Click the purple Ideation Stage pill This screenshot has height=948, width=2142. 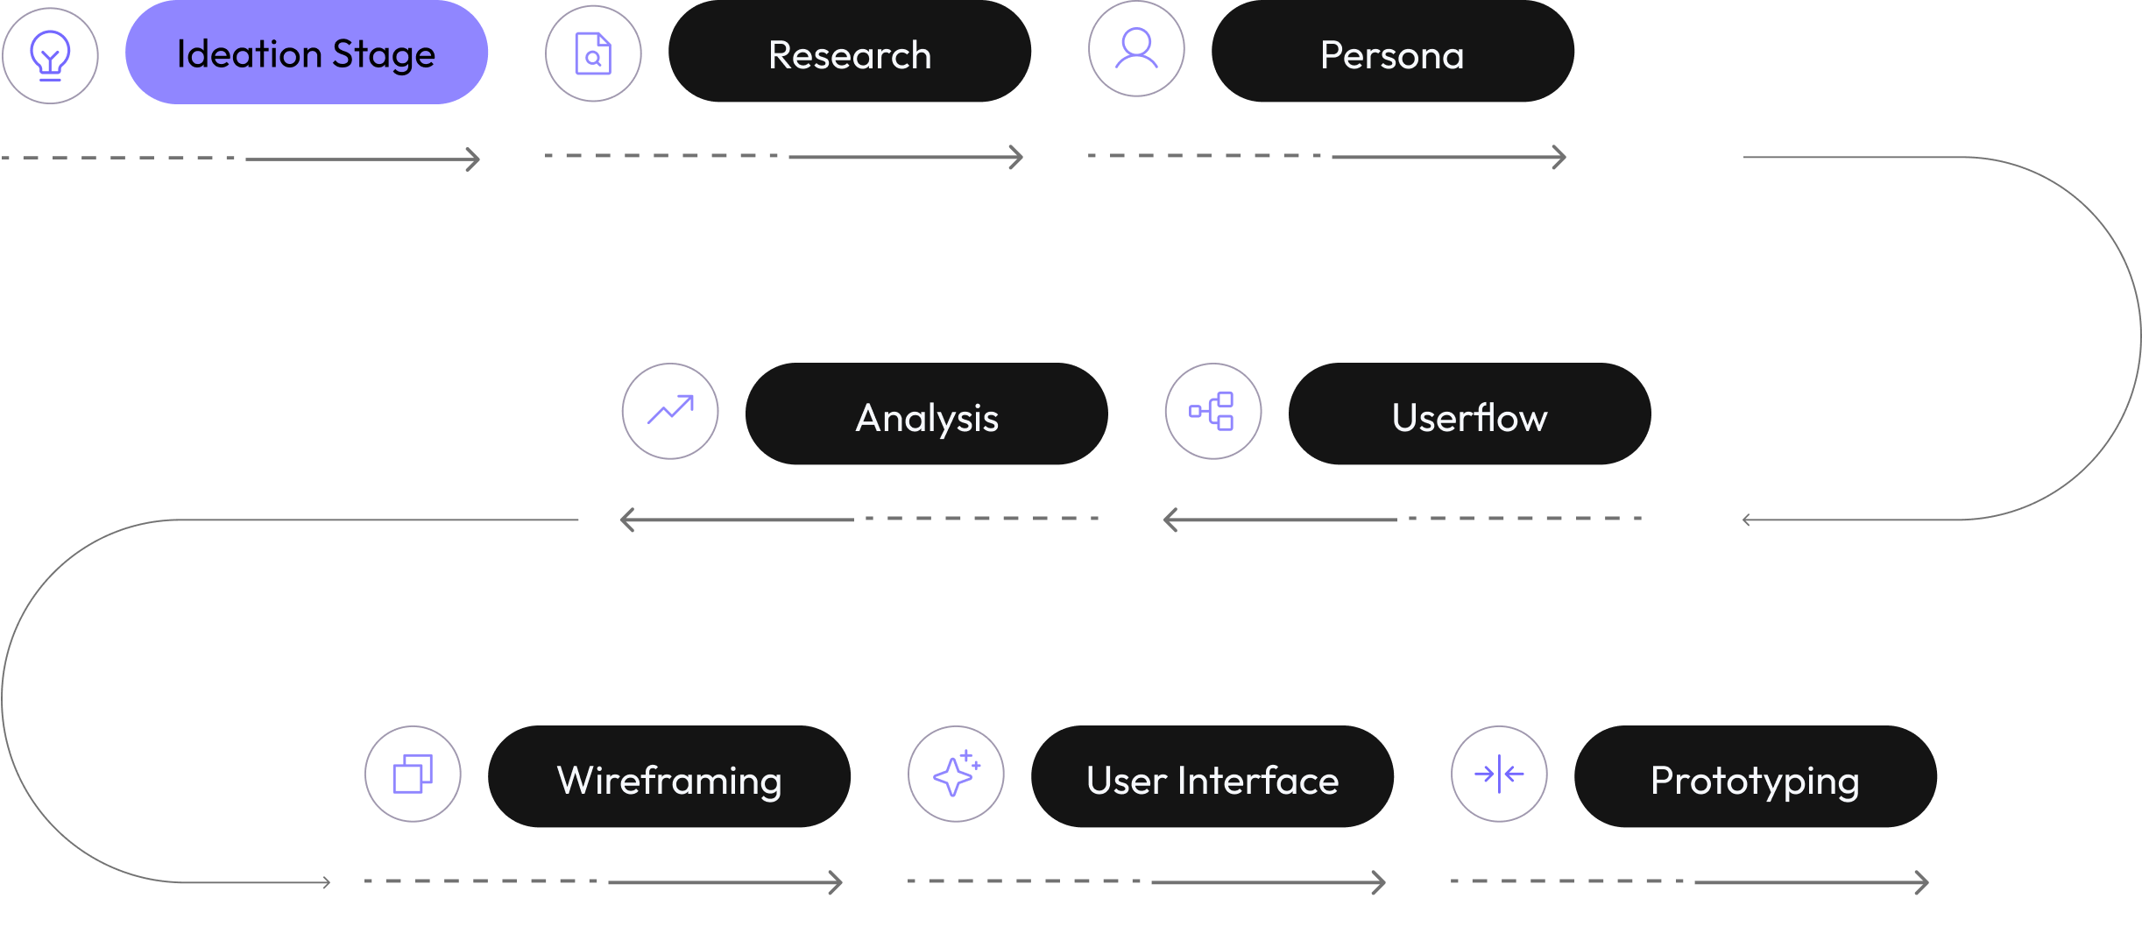pyautogui.click(x=307, y=53)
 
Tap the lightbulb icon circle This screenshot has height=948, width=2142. pyautogui.click(x=50, y=55)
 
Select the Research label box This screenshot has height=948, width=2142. pyautogui.click(x=849, y=53)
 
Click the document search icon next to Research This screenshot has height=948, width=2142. pyautogui.click(x=593, y=53)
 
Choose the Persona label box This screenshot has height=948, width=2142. pyautogui.click(x=1392, y=53)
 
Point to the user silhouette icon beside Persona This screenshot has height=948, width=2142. pyautogui.click(x=1136, y=49)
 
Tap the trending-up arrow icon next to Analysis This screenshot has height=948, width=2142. pyautogui.click(x=670, y=411)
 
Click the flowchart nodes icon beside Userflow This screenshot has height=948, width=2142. pyautogui.click(x=1212, y=411)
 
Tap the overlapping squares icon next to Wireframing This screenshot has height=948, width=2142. pyautogui.click(x=413, y=774)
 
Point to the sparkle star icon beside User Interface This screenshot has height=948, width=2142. pyautogui.click(x=956, y=774)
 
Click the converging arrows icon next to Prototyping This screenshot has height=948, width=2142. pyautogui.click(x=1499, y=774)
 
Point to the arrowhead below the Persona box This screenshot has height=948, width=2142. pyautogui.click(x=1561, y=158)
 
